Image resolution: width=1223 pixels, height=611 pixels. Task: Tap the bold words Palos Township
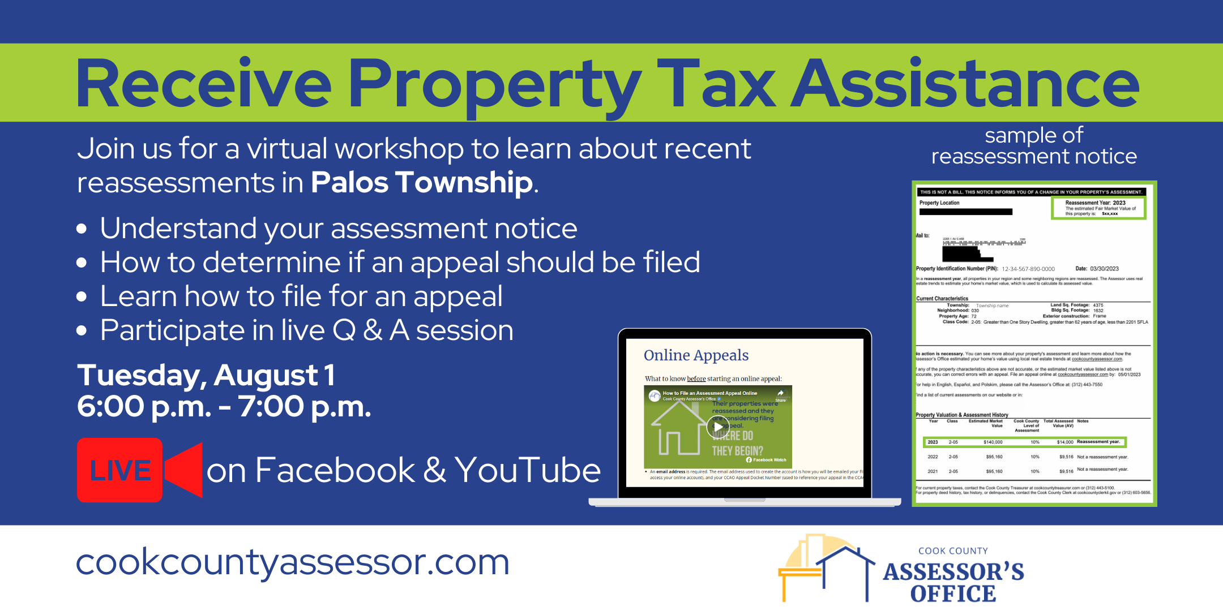(422, 183)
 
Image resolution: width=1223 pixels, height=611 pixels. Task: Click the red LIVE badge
(120, 470)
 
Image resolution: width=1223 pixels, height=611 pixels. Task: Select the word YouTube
(527, 470)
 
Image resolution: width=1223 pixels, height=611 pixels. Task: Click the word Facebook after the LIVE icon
(335, 470)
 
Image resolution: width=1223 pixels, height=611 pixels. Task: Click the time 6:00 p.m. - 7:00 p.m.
(224, 406)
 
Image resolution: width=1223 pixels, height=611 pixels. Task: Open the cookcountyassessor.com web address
(293, 562)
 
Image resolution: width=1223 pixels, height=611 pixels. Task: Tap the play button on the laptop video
(717, 427)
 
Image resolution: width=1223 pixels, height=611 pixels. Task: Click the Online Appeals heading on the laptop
(696, 355)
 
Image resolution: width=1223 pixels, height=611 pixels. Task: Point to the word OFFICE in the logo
(953, 594)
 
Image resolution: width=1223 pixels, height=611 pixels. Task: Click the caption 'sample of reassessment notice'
(1034, 146)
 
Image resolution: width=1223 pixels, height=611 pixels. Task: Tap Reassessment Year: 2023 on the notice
(1095, 203)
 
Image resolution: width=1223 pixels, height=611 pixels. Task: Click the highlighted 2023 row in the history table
(1024, 442)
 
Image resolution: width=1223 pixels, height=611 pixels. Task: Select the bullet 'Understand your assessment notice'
(338, 229)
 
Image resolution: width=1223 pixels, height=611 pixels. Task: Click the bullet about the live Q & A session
(306, 330)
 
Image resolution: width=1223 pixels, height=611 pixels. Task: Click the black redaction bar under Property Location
(966, 212)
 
